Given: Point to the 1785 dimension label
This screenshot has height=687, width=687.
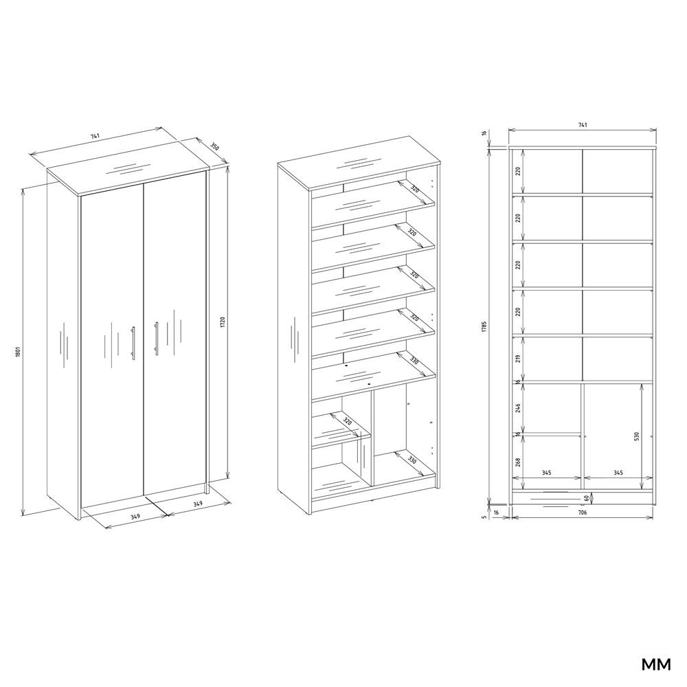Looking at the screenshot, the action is coord(484,327).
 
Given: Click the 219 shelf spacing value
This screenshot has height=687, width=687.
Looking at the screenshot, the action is coord(518,359).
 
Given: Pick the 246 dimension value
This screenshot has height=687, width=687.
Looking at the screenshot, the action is coord(518,408).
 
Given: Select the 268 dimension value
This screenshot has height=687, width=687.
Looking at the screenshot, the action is coord(518,462).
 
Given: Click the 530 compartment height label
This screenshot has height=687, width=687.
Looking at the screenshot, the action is coord(637,436).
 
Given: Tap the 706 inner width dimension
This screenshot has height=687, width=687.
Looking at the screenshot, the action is coord(583,513).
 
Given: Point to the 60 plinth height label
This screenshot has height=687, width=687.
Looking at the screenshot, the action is coord(586,497).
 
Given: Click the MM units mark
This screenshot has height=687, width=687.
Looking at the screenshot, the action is coord(656,664).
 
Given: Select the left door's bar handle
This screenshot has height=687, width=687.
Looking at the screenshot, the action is coord(133,343).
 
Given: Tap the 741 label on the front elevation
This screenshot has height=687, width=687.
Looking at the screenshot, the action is coord(583,125).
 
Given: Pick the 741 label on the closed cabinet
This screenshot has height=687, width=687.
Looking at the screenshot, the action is coord(95,136).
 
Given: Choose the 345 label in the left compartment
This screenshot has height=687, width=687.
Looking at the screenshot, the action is coord(546,473).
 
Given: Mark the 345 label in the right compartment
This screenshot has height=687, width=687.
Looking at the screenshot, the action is coord(618,473).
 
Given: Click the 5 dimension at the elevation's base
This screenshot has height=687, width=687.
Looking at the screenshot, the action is coord(484,517).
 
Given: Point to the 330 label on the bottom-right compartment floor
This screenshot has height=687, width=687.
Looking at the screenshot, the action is coord(412,462).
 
